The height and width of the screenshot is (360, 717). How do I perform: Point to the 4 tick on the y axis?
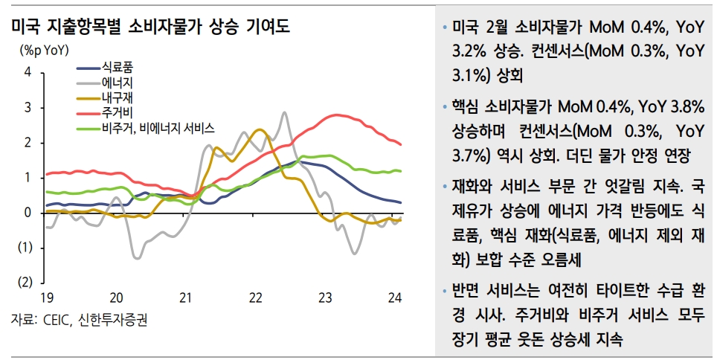click(28, 72)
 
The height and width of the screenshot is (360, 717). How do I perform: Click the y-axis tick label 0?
click(28, 213)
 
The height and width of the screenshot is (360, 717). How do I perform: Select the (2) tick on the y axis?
click(25, 283)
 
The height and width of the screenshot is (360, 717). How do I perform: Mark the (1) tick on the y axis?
click(25, 248)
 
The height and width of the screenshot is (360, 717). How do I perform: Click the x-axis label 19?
click(46, 298)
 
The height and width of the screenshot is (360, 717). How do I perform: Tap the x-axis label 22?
click(255, 298)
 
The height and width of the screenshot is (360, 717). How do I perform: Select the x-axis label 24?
click(394, 298)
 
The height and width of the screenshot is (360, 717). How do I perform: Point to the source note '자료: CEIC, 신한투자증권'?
click(79, 321)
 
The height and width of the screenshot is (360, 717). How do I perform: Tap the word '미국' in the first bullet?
click(466, 28)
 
